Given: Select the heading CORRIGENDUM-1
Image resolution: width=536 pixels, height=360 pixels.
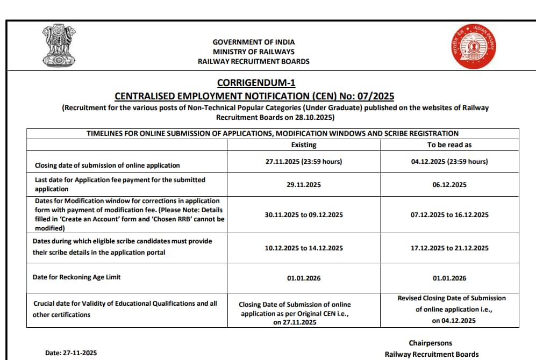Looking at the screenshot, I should (x=256, y=83).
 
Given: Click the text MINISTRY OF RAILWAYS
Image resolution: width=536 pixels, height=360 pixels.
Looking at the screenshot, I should (x=254, y=52).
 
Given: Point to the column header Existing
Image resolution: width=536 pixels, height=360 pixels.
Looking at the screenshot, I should (x=304, y=145).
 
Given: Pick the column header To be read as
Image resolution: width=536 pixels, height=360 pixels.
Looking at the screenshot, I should (x=449, y=145).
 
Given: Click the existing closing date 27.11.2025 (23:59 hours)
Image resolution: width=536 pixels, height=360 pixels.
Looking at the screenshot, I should (x=304, y=162).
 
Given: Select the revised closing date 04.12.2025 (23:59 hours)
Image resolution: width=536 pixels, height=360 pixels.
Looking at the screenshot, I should (x=449, y=162).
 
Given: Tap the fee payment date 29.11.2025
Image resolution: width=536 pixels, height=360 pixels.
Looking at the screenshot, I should (x=304, y=184).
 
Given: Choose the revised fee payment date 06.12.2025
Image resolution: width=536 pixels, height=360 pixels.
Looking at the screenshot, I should (x=449, y=184).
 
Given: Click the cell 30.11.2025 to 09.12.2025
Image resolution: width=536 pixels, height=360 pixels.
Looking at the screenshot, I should (x=304, y=214).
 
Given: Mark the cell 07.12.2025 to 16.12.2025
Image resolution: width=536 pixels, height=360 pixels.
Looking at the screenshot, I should (x=449, y=214).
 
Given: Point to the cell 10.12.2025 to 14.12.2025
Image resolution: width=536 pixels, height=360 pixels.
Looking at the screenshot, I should (x=304, y=248).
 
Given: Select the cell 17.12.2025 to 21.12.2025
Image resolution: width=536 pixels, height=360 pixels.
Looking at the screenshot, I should (x=449, y=248).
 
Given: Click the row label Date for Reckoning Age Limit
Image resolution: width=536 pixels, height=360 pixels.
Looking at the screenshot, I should (x=77, y=277).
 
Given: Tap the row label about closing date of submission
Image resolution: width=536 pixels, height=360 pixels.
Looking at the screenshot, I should (x=108, y=165).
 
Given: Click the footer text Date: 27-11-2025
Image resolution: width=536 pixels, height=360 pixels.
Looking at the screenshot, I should (x=71, y=353).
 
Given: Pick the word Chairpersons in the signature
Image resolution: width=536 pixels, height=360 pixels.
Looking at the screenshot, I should (x=430, y=343).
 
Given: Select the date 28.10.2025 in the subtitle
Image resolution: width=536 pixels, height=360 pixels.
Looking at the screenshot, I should (x=317, y=117).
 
